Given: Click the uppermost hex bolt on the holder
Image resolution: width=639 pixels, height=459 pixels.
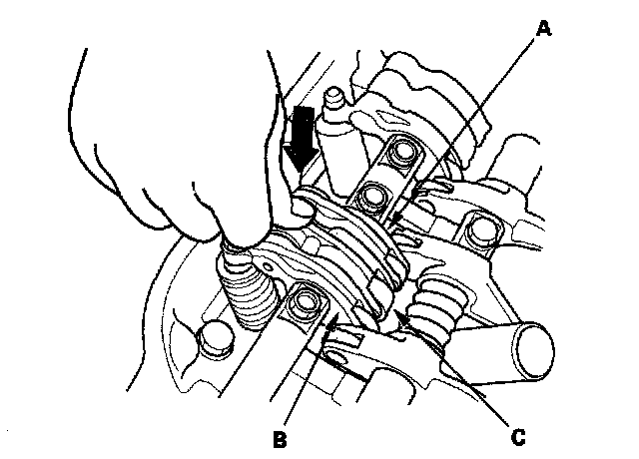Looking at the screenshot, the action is click(x=402, y=152).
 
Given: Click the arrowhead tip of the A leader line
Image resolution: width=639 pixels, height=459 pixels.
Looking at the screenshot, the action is click(x=391, y=222).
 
